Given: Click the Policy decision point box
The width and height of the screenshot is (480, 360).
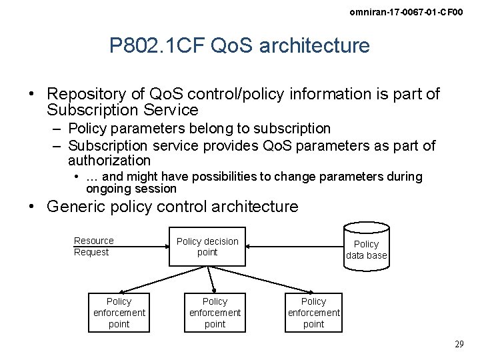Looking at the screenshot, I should (x=207, y=247).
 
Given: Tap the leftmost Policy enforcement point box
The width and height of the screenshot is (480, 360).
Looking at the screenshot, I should (x=119, y=313).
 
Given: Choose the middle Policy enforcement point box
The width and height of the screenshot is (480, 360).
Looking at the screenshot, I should (x=215, y=313).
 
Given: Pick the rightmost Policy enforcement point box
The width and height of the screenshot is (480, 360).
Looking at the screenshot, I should (x=313, y=313).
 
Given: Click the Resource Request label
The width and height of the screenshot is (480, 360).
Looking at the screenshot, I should (x=93, y=246).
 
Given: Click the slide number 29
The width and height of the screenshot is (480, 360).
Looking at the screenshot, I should (x=459, y=344).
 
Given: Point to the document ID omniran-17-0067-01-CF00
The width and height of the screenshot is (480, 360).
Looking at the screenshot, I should (x=406, y=13).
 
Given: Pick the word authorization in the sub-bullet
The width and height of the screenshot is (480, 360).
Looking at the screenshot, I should (x=109, y=161).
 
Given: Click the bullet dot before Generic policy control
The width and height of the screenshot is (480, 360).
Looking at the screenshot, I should (x=31, y=207).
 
